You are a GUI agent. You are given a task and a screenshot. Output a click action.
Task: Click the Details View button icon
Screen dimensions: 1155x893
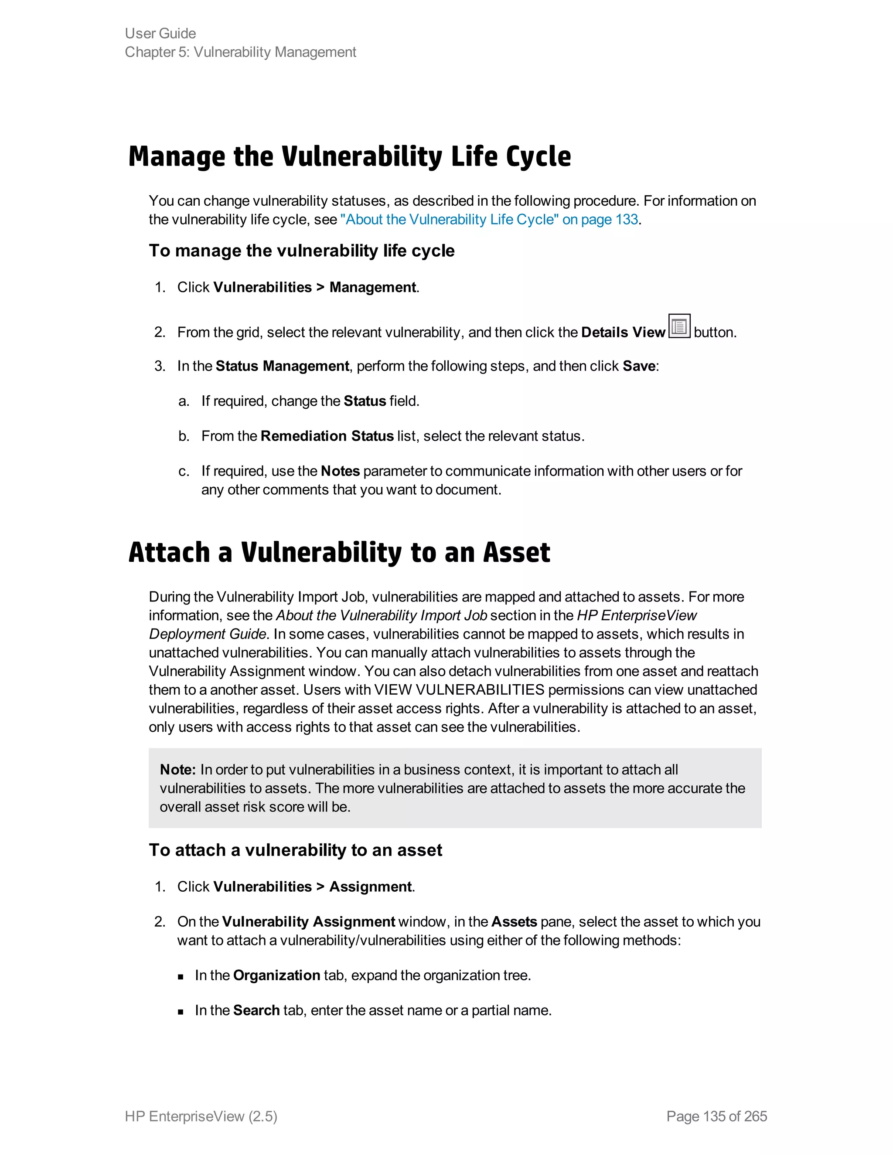tap(679, 326)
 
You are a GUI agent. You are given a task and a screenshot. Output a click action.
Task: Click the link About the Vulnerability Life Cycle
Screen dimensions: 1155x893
tap(489, 220)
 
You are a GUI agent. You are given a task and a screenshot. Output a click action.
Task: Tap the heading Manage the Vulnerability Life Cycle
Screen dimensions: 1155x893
tap(349, 156)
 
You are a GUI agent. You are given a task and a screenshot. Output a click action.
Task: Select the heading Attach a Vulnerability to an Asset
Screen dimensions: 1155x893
tap(339, 553)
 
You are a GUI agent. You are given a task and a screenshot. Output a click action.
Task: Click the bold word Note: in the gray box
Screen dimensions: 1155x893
tap(178, 770)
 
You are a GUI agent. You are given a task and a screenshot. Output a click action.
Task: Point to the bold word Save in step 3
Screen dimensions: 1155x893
tap(638, 367)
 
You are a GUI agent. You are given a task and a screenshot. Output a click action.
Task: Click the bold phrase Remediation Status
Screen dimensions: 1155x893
tap(327, 436)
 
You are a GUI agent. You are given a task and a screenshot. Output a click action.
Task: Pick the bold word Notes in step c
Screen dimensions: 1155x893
tap(340, 471)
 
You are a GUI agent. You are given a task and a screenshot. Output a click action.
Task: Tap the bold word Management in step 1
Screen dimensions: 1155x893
tap(372, 288)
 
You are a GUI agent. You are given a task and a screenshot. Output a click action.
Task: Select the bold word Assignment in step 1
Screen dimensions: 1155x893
tap(370, 887)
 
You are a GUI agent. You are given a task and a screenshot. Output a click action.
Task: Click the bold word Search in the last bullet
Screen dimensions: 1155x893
tap(256, 1011)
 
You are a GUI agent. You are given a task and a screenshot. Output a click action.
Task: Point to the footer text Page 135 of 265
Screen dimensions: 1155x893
tap(716, 1116)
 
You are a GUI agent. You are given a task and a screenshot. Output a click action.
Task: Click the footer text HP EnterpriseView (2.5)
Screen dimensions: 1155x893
tap(201, 1116)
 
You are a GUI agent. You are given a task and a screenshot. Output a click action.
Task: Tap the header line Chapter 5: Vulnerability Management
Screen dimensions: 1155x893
tap(240, 52)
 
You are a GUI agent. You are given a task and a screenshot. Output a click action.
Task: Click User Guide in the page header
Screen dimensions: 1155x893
tap(160, 33)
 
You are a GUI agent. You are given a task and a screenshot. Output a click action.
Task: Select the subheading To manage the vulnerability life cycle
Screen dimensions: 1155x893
tap(302, 251)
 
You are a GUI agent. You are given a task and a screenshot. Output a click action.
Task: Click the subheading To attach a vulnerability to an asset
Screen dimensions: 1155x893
tap(295, 850)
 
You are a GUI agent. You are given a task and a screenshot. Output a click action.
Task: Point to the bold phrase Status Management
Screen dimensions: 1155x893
tap(282, 367)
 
